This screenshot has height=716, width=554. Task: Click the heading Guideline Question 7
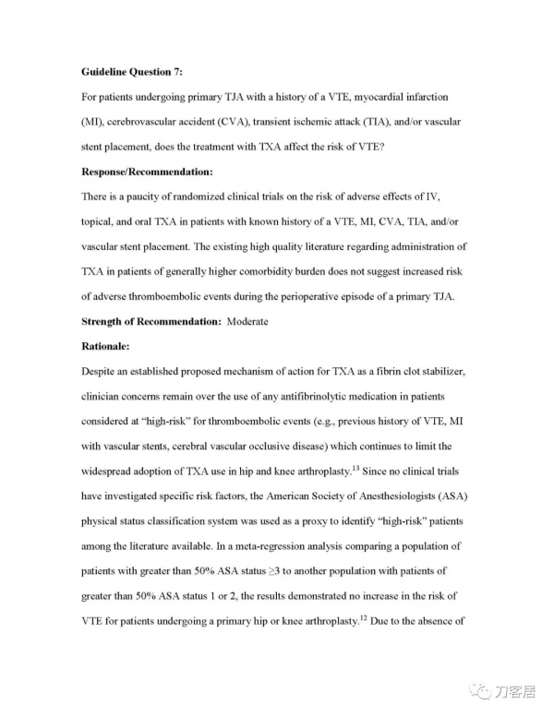tap(132, 71)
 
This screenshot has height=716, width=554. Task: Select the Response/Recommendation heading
tap(147, 172)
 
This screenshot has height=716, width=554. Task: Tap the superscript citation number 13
tap(355, 469)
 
